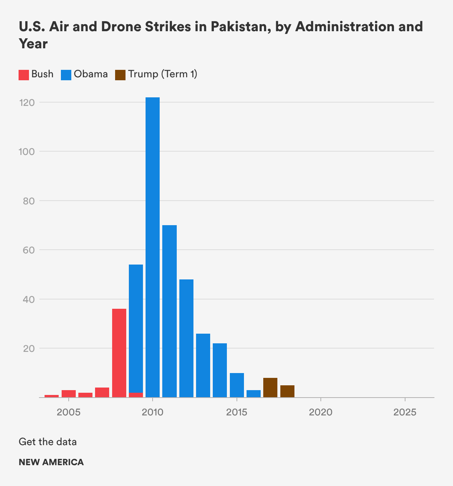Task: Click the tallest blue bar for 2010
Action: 153,247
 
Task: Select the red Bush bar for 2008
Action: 119,353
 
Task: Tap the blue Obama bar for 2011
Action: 169,311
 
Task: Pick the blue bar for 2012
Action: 186,338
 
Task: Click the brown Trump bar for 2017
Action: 270,388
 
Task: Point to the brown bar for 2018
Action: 287,391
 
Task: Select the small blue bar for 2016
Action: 254,393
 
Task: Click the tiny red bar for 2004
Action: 52,396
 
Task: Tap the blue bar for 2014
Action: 220,370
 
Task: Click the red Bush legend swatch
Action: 24,75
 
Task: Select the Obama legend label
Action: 91,74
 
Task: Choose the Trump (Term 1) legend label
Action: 163,74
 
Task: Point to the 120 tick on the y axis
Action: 27,103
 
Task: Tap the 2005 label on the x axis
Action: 69,412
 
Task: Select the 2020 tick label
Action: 321,412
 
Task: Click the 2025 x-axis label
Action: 405,412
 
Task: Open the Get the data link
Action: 48,442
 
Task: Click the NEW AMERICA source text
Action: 51,462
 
